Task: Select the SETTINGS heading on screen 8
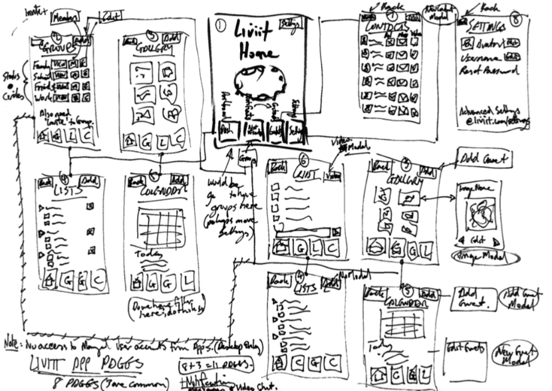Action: pyautogui.click(x=483, y=25)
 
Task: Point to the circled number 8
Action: pyautogui.click(x=517, y=20)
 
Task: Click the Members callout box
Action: pyautogui.click(x=65, y=15)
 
